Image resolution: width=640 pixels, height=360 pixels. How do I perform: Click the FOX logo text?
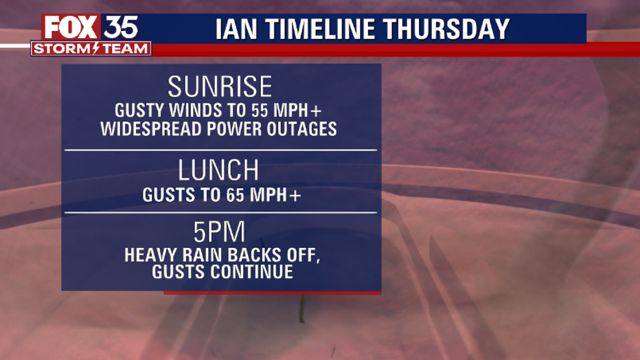click(x=71, y=27)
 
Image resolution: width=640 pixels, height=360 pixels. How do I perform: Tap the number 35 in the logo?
click(x=120, y=27)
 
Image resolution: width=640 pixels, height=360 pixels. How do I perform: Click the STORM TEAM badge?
click(x=91, y=49)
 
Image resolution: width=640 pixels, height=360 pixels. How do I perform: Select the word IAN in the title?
click(x=236, y=29)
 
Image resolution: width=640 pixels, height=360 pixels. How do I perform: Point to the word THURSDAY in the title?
click(x=446, y=29)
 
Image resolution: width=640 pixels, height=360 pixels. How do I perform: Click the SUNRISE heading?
click(x=220, y=86)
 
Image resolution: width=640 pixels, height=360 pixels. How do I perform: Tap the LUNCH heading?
click(x=219, y=170)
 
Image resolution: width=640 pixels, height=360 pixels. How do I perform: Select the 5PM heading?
click(x=220, y=232)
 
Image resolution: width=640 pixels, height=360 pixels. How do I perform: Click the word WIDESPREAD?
click(x=152, y=129)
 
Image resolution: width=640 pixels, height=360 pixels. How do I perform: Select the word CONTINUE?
click(x=252, y=272)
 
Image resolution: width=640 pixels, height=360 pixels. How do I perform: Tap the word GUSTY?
click(x=139, y=110)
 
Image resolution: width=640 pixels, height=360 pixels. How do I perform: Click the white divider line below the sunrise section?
click(x=220, y=150)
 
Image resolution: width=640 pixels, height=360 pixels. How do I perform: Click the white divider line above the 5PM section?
click(x=220, y=213)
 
